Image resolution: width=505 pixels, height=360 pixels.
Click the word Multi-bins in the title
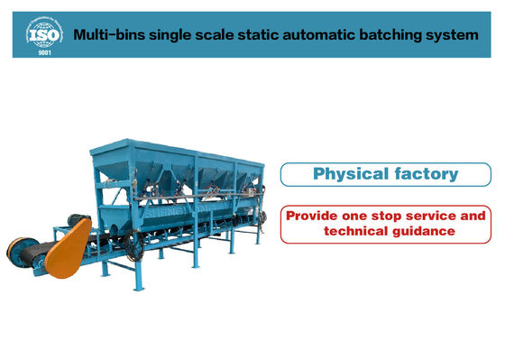[x=105, y=36]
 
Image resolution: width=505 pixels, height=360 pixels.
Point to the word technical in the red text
[x=354, y=232]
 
